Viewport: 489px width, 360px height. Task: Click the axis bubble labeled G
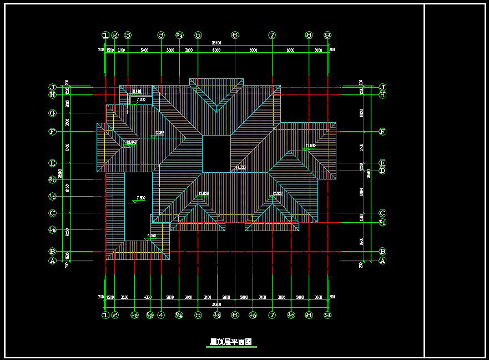coord(53,113)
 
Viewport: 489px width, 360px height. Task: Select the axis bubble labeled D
coord(382,171)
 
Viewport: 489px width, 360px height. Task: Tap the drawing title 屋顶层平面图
coord(231,343)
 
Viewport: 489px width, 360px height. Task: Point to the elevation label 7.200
coord(141,99)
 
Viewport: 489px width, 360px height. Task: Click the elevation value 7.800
coord(141,198)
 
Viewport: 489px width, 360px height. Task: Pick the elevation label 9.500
coord(152,236)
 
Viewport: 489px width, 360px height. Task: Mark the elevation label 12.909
coord(310,146)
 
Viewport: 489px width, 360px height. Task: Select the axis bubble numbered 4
coord(161,315)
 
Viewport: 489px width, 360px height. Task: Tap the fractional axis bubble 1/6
coord(253,315)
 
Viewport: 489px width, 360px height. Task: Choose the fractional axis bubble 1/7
coord(290,315)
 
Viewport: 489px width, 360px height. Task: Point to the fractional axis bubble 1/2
coord(134,315)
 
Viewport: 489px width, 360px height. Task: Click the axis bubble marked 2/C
coord(53,179)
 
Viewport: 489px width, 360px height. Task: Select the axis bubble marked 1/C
coord(53,196)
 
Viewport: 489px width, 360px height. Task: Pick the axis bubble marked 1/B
coord(53,229)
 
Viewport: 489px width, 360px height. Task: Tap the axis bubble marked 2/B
coord(382,222)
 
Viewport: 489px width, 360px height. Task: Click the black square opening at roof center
coord(216,153)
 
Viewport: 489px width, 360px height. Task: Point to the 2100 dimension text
coord(121,50)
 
